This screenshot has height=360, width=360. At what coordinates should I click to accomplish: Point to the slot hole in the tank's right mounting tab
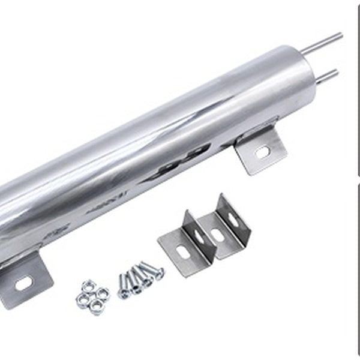coord(262,152)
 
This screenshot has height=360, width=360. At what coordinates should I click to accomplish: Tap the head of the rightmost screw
coord(158,272)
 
